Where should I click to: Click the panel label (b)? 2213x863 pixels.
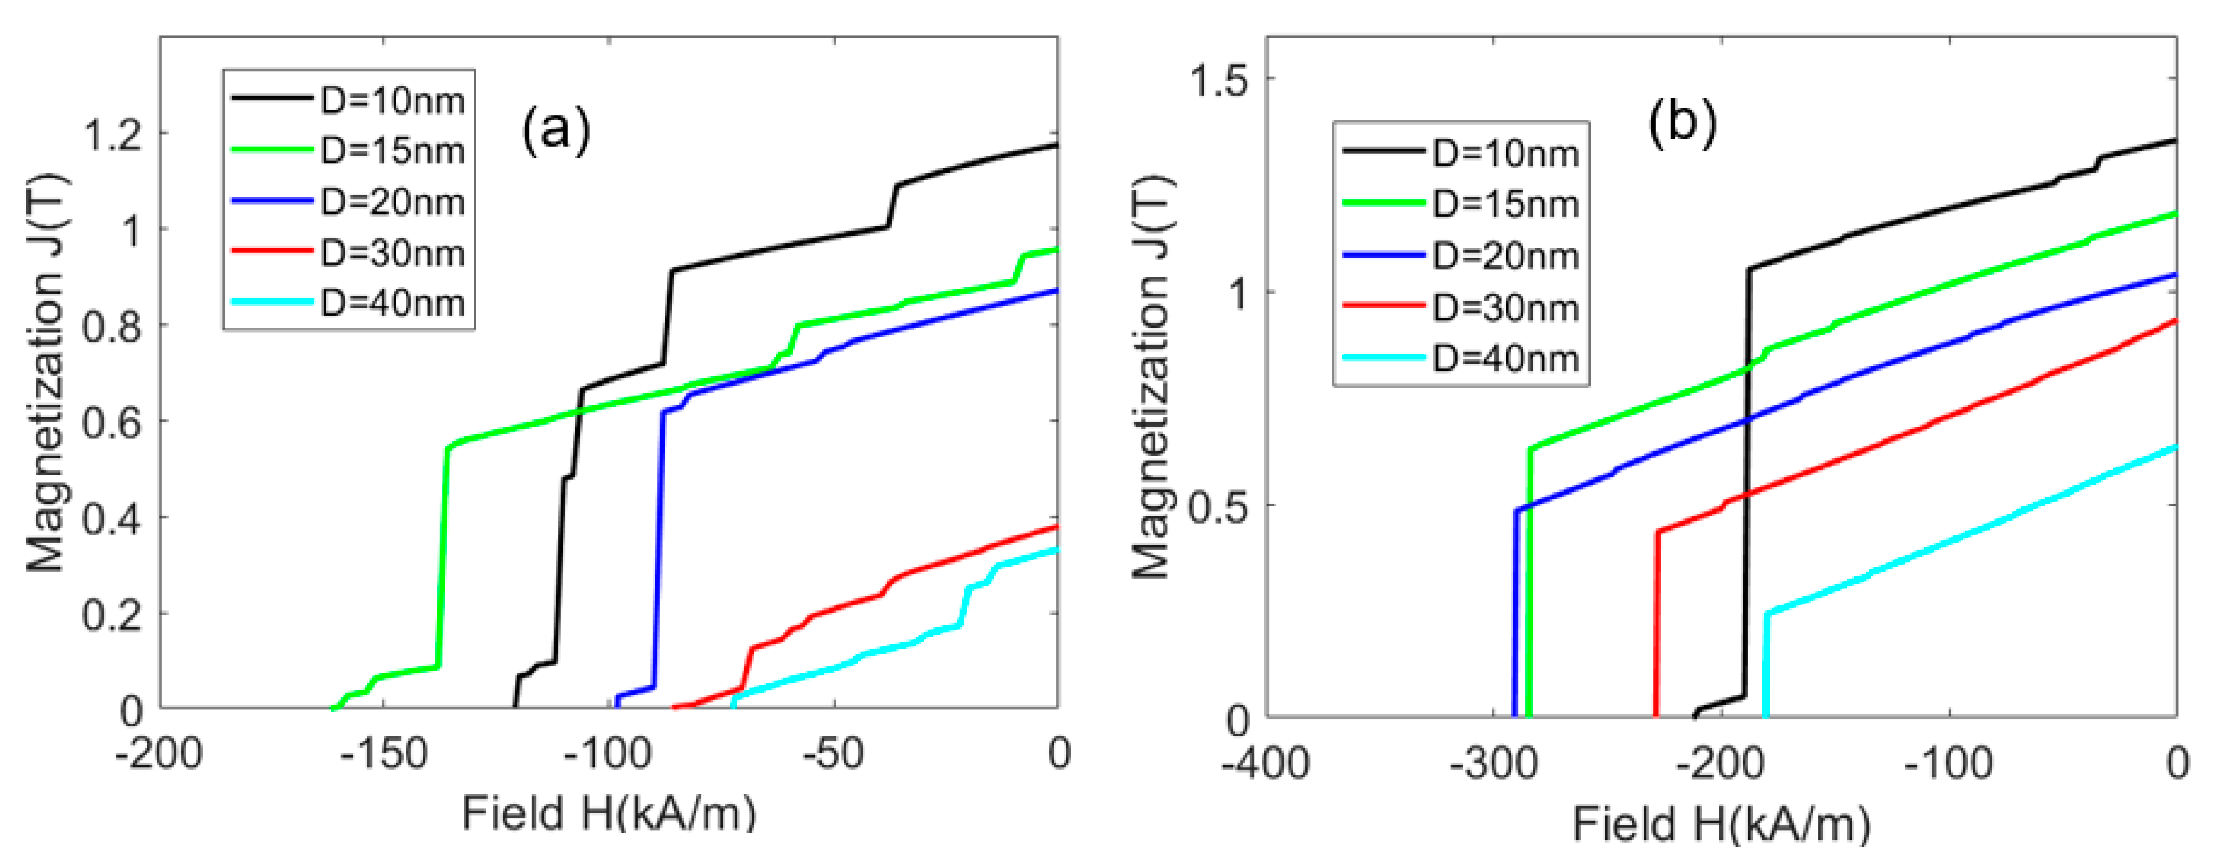[x=1681, y=123]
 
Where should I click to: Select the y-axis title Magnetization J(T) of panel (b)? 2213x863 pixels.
[x=1151, y=378]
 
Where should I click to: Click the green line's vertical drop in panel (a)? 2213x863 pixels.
[x=443, y=558]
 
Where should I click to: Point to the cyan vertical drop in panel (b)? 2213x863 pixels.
[x=1765, y=666]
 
